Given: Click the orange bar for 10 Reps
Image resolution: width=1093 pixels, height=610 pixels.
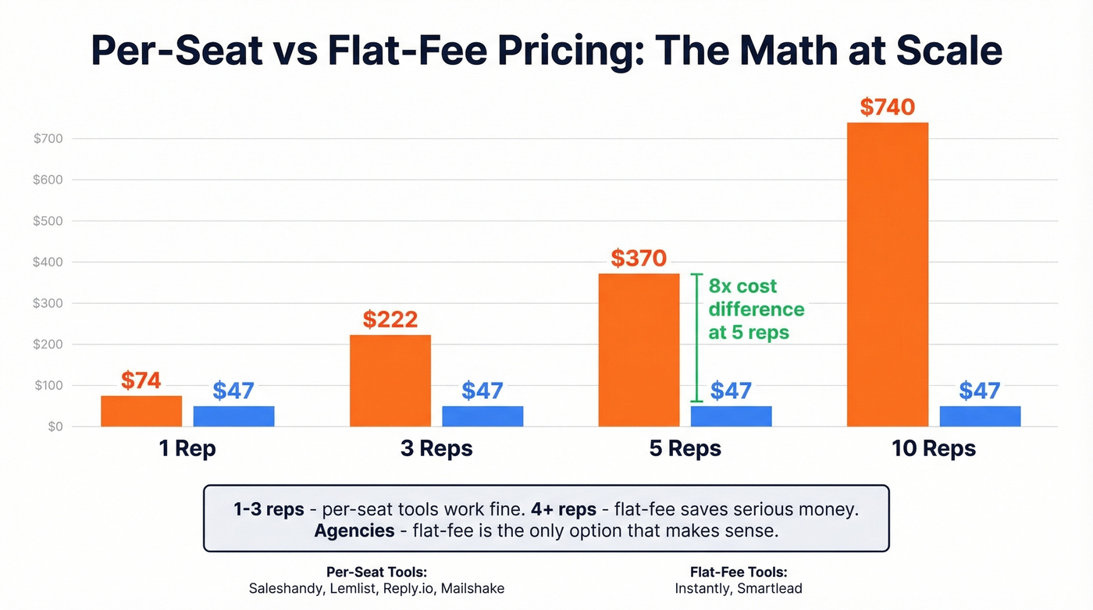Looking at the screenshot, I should point(888,274).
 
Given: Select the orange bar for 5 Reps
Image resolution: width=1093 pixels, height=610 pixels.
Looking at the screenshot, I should point(639,350).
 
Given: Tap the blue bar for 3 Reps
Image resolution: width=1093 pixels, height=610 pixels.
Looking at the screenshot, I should point(482,416).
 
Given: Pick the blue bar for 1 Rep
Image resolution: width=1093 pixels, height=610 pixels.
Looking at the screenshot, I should point(233,416).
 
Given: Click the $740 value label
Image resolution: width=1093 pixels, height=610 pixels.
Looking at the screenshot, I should point(888,107).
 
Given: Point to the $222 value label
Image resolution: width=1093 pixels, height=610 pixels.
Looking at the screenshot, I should point(390,319).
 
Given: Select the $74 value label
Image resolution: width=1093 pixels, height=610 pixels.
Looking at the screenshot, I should point(141,380).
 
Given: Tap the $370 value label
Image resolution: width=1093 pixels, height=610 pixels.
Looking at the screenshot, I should point(639,259).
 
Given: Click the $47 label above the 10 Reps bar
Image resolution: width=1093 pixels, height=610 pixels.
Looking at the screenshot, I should point(980,391).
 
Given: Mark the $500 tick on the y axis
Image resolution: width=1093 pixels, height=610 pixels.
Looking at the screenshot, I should point(47,221).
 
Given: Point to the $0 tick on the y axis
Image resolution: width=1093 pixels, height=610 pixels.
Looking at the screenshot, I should point(54,426).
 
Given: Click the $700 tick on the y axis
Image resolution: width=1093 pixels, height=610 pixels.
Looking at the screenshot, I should point(47,139).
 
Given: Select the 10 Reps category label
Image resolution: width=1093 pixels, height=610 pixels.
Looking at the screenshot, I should point(934,449).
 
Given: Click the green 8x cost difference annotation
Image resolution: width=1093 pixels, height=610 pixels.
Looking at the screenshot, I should point(756,309).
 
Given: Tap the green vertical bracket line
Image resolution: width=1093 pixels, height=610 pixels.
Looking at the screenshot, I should point(697,337).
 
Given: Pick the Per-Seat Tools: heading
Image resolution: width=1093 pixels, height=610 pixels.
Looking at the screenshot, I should point(376,572).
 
